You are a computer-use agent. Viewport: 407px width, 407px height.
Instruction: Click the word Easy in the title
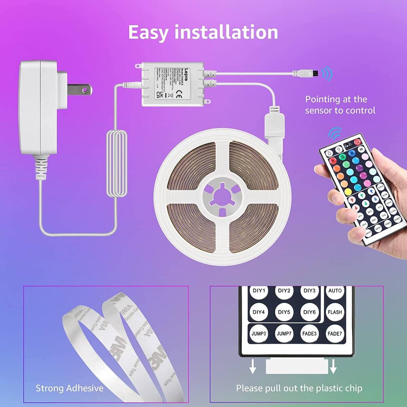(148, 32)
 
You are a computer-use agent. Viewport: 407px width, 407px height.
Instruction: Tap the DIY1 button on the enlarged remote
(259, 291)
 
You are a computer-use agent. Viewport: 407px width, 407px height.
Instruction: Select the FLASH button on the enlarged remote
(335, 312)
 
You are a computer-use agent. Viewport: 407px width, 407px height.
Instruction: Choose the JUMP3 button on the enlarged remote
(259, 333)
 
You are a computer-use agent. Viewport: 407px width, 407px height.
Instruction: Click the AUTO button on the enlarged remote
(335, 291)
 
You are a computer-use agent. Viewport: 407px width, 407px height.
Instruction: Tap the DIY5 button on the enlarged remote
(284, 312)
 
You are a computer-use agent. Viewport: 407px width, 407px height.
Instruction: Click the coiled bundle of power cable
(117, 163)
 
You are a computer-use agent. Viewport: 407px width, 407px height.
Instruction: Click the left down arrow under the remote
(252, 367)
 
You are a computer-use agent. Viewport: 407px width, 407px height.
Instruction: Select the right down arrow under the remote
(333, 367)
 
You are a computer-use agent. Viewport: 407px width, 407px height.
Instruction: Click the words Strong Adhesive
(70, 388)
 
